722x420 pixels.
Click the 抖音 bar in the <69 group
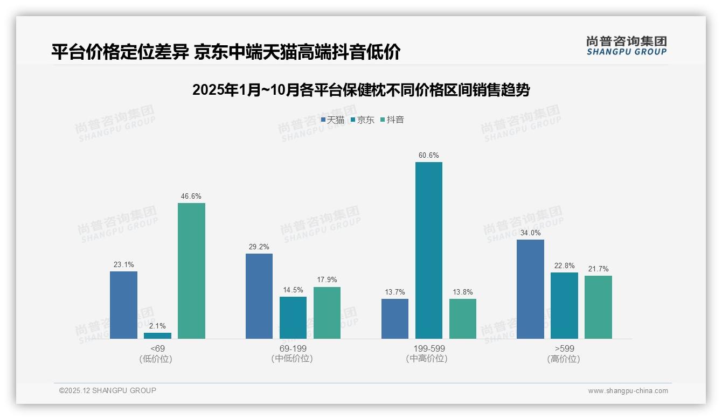(x=191, y=271)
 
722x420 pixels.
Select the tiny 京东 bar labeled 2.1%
(x=157, y=335)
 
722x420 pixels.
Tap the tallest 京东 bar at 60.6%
(x=428, y=250)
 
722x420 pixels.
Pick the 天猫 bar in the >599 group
(x=530, y=289)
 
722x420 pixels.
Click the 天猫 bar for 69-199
(x=259, y=296)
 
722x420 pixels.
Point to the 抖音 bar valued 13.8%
(x=462, y=319)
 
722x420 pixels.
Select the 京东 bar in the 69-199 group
(x=293, y=318)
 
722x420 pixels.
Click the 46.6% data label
(x=191, y=197)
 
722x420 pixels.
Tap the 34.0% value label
(x=530, y=233)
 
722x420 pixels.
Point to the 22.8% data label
(x=564, y=266)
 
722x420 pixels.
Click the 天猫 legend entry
(x=332, y=120)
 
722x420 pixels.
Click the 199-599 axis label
(x=428, y=348)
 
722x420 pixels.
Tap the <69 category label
(x=157, y=348)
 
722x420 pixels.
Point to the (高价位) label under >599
(x=564, y=359)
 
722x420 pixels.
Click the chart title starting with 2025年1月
(x=361, y=90)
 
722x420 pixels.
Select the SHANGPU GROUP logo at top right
(x=627, y=46)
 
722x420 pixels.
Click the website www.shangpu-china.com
(x=628, y=391)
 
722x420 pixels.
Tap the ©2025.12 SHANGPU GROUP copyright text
(x=108, y=390)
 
